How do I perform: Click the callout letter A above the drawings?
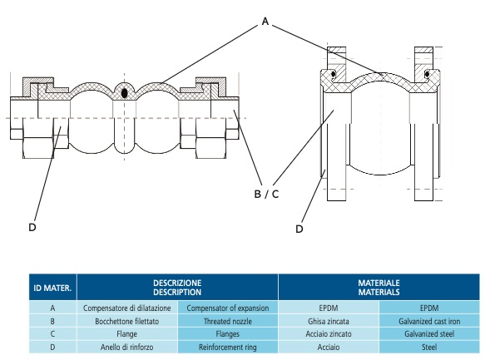[265, 22]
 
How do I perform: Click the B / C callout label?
[266, 194]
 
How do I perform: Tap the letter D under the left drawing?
[32, 228]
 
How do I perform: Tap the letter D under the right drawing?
[299, 229]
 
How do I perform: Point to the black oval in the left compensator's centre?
[124, 93]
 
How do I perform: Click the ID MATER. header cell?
[52, 288]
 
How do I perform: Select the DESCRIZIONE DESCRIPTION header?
[177, 288]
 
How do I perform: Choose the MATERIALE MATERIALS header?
[379, 288]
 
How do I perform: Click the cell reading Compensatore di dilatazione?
[126, 308]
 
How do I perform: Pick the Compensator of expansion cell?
[228, 308]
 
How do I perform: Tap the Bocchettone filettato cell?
[126, 322]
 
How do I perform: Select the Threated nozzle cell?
[228, 322]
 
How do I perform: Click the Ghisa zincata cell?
[329, 322]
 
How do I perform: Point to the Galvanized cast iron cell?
[429, 322]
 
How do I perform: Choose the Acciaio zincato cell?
[329, 334]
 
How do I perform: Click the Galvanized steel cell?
[429, 334]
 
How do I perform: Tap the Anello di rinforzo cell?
[126, 347]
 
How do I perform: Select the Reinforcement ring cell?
[228, 347]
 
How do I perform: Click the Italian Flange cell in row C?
[126, 334]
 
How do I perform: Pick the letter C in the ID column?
[52, 334]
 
